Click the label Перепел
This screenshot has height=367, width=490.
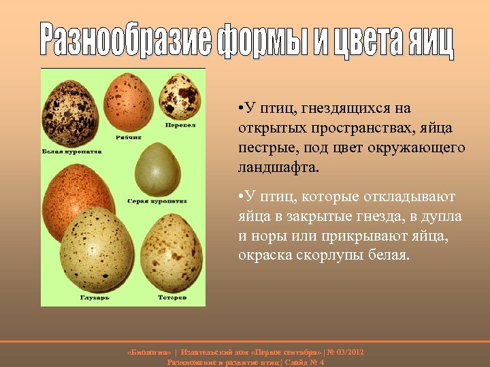(x=181, y=125)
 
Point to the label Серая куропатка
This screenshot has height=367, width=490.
(x=157, y=201)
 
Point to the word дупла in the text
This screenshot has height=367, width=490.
(x=442, y=217)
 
